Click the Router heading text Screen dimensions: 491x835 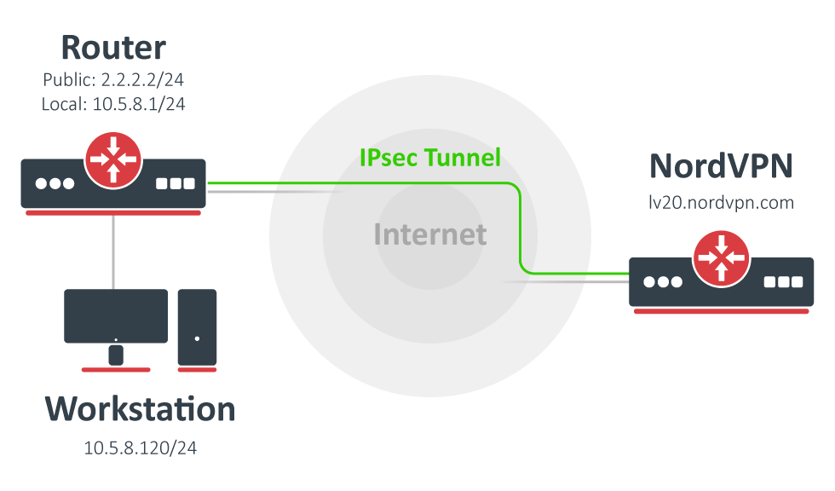click(x=113, y=48)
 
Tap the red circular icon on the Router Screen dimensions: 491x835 click(x=113, y=159)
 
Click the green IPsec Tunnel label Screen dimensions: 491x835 click(x=429, y=158)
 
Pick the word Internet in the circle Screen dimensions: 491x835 click(x=430, y=234)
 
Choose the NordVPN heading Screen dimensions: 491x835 click(x=721, y=166)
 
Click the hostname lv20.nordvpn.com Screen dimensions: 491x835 click(x=721, y=203)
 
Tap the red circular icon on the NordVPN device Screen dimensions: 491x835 click(x=722, y=258)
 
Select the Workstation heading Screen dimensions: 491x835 click(x=140, y=409)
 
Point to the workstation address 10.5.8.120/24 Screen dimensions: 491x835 click(x=140, y=448)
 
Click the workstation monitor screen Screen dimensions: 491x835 click(x=116, y=315)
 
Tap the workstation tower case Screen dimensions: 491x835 click(x=197, y=327)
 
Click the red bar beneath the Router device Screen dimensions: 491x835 click(x=113, y=212)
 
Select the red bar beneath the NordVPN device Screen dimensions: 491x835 click(x=722, y=311)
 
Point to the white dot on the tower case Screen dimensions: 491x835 click(x=197, y=338)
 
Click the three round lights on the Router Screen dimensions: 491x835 click(x=55, y=183)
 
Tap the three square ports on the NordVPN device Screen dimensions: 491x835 click(x=783, y=282)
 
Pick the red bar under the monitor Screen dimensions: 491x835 click(x=116, y=370)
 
